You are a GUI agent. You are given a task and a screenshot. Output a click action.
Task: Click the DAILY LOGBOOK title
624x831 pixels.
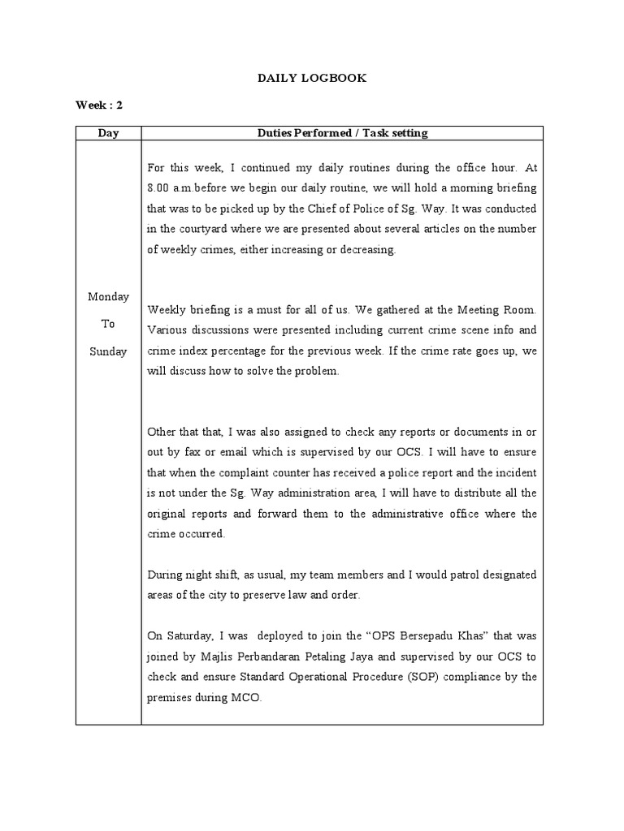click(312, 78)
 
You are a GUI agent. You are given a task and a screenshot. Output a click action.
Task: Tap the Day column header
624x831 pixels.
click(108, 133)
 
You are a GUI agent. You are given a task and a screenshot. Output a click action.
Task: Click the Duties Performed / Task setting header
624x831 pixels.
click(342, 133)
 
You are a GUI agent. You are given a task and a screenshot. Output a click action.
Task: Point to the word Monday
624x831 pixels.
click(108, 296)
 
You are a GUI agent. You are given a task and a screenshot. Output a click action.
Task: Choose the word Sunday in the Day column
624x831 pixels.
click(108, 351)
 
